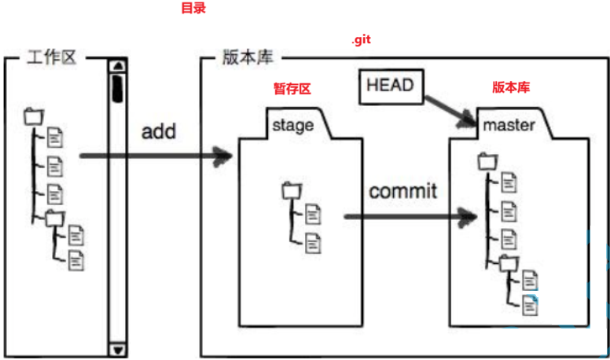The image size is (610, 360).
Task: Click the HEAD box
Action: (390, 86)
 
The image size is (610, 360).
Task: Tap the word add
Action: (158, 131)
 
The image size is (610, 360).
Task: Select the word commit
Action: (403, 191)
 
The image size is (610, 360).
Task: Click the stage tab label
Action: (292, 125)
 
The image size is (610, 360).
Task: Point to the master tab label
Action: (509, 125)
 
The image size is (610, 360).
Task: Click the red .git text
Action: (361, 40)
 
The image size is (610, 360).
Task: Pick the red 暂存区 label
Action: (292, 90)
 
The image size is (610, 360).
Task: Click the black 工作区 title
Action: (52, 58)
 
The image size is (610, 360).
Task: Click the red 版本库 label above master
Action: (511, 87)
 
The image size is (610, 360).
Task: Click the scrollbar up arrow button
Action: (119, 66)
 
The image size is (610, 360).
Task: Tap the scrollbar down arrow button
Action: (119, 349)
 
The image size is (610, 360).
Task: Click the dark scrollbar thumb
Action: (118, 87)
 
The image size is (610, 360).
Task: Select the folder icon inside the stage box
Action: (291, 189)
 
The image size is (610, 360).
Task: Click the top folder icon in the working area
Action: (33, 117)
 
